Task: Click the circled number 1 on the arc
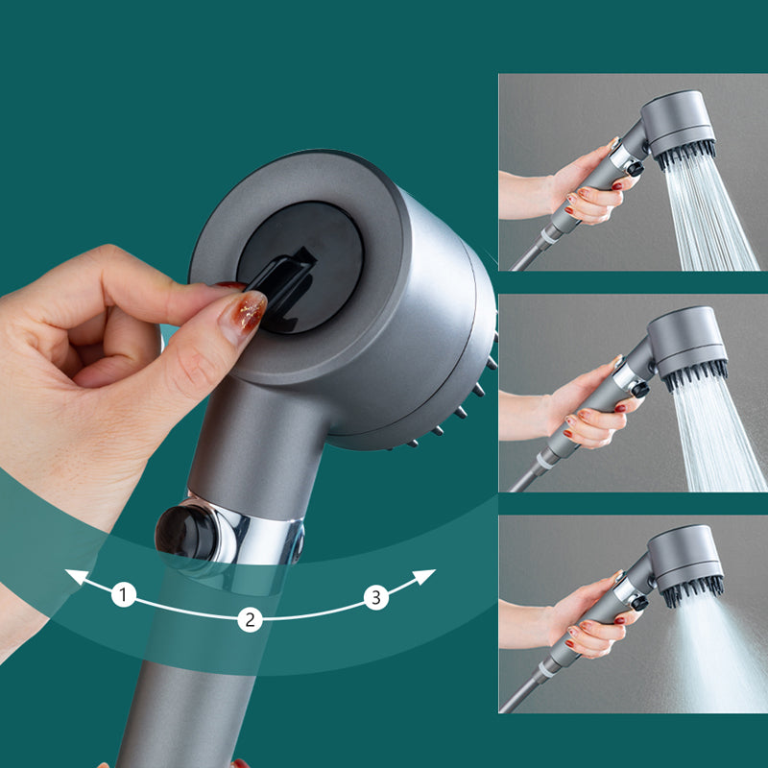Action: click(123, 595)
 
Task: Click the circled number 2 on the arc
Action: click(250, 619)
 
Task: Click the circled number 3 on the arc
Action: click(375, 597)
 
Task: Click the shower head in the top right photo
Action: click(678, 125)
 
